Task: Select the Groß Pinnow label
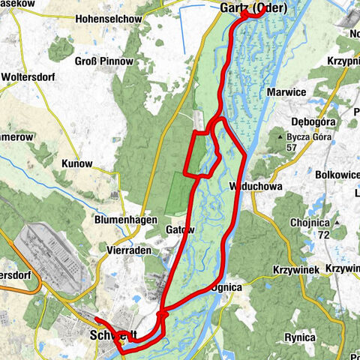click(105, 61)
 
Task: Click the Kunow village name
click(77, 163)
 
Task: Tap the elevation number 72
click(324, 235)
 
